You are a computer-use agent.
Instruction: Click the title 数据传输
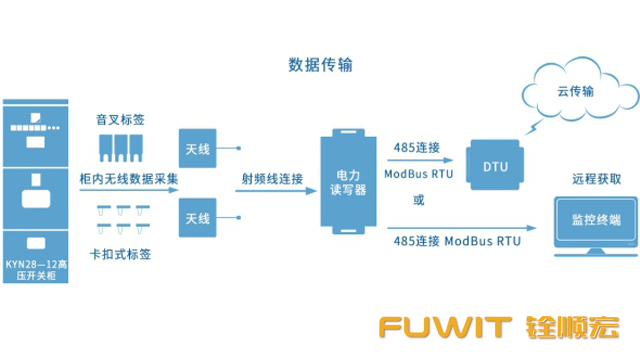click(319, 65)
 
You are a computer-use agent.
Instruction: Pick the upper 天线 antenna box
click(197, 148)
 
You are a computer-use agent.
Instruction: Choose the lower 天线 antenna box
click(197, 217)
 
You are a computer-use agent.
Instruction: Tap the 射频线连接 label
click(271, 179)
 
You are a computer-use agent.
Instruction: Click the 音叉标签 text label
click(120, 119)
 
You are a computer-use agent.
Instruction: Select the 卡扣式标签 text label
click(120, 254)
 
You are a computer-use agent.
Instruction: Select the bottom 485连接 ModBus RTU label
click(457, 241)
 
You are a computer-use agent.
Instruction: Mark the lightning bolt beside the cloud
click(541, 129)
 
